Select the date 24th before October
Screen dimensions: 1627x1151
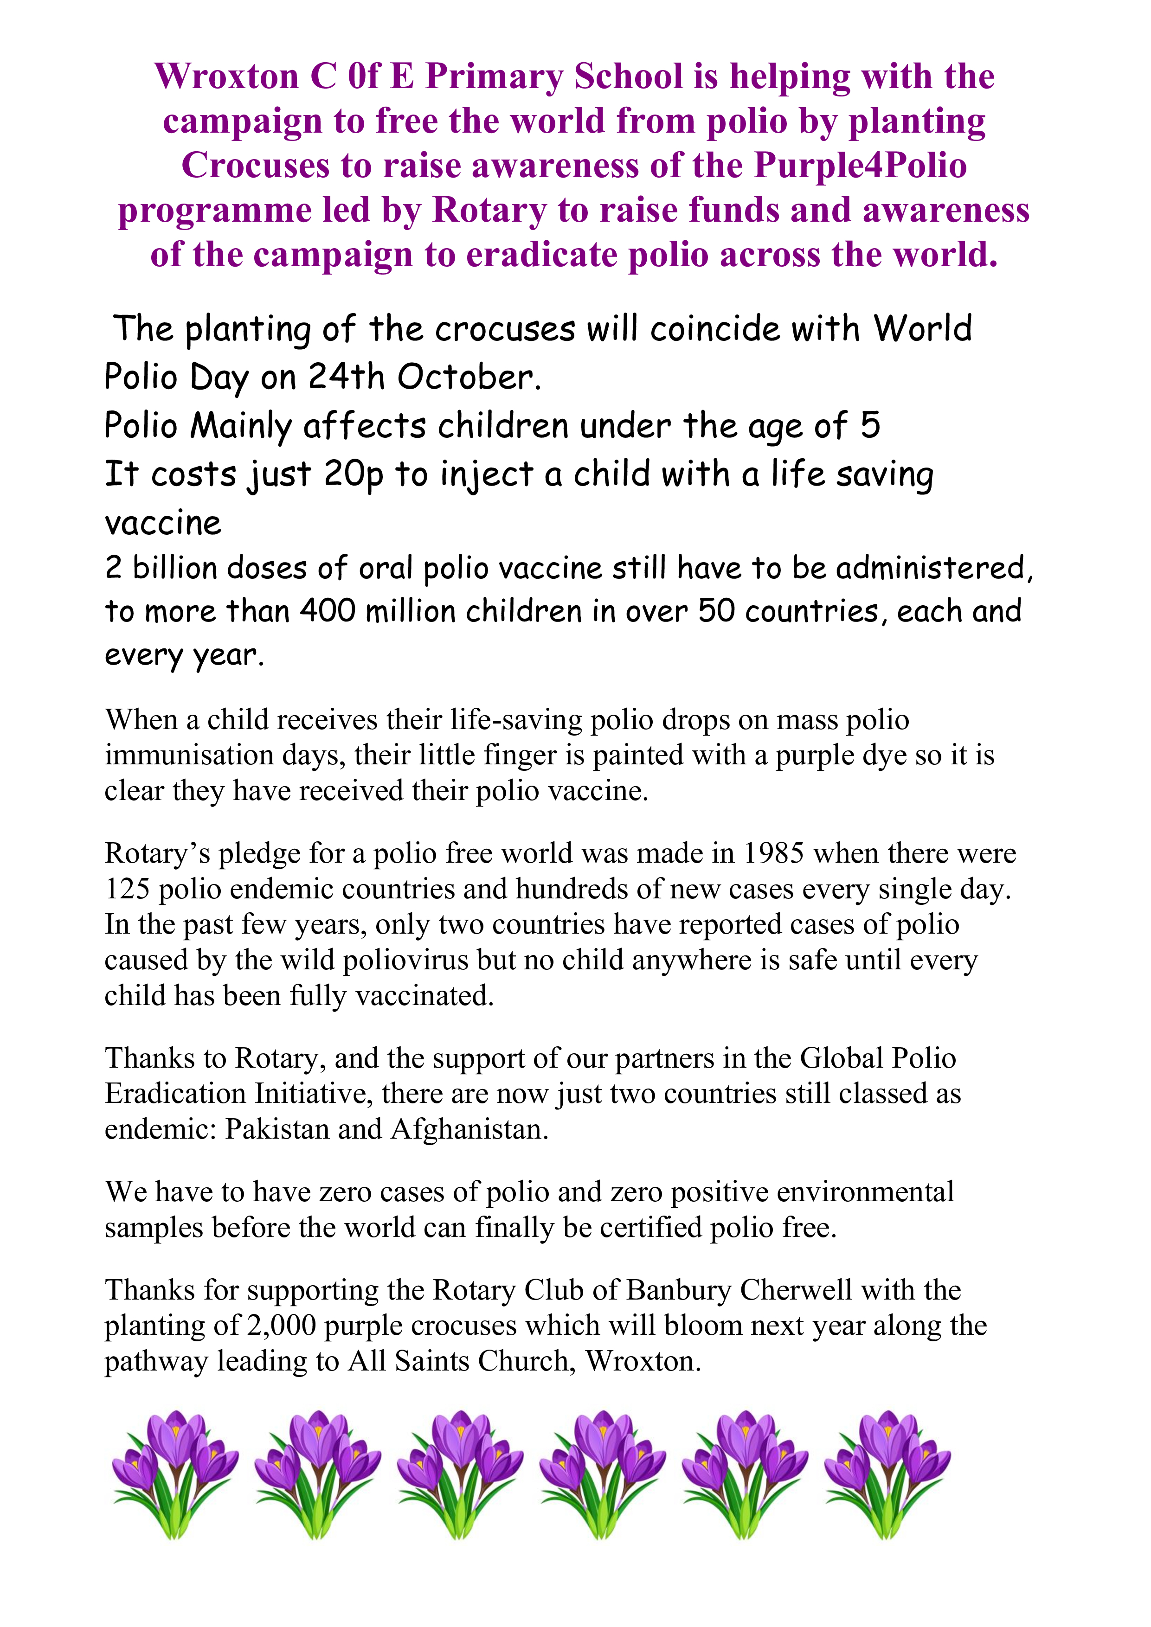[346, 377]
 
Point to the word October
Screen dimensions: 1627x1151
[469, 377]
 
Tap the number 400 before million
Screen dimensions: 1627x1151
[327, 611]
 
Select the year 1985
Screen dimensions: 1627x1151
[773, 853]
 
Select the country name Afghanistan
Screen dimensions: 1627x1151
[469, 1129]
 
